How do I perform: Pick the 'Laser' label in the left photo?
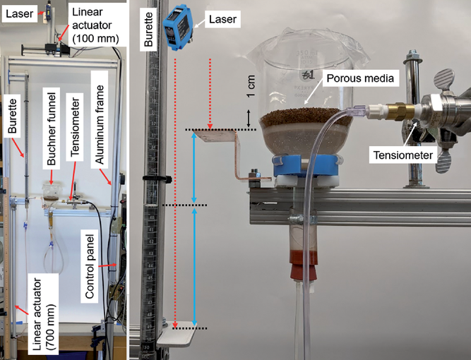point(14,11)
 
